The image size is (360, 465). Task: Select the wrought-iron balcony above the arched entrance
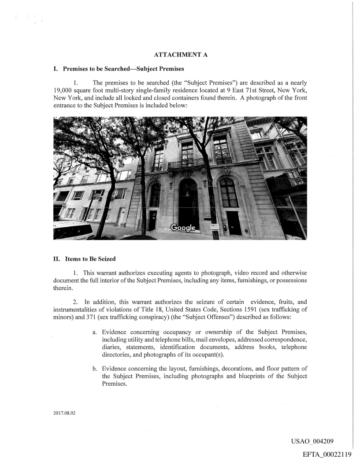186,164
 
